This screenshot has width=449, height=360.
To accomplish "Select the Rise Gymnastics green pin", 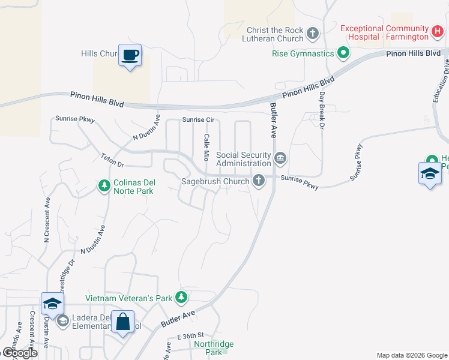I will point(343,53).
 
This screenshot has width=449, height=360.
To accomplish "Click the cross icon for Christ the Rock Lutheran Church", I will point(312,34).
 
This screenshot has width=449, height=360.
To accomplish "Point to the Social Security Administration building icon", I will point(280,159).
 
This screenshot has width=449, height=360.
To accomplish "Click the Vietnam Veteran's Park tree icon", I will point(181,298).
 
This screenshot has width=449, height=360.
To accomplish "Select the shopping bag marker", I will point(122,322).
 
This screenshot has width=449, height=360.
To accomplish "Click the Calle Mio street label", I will point(206,147).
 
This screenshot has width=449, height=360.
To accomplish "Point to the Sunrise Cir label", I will point(198,120).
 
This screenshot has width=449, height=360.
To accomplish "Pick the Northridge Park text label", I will point(214,347).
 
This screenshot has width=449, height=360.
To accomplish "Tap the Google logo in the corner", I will point(20,353).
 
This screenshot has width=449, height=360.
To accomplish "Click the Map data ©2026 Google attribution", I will point(411,355).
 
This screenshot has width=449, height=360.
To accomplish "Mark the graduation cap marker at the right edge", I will point(429,173).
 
